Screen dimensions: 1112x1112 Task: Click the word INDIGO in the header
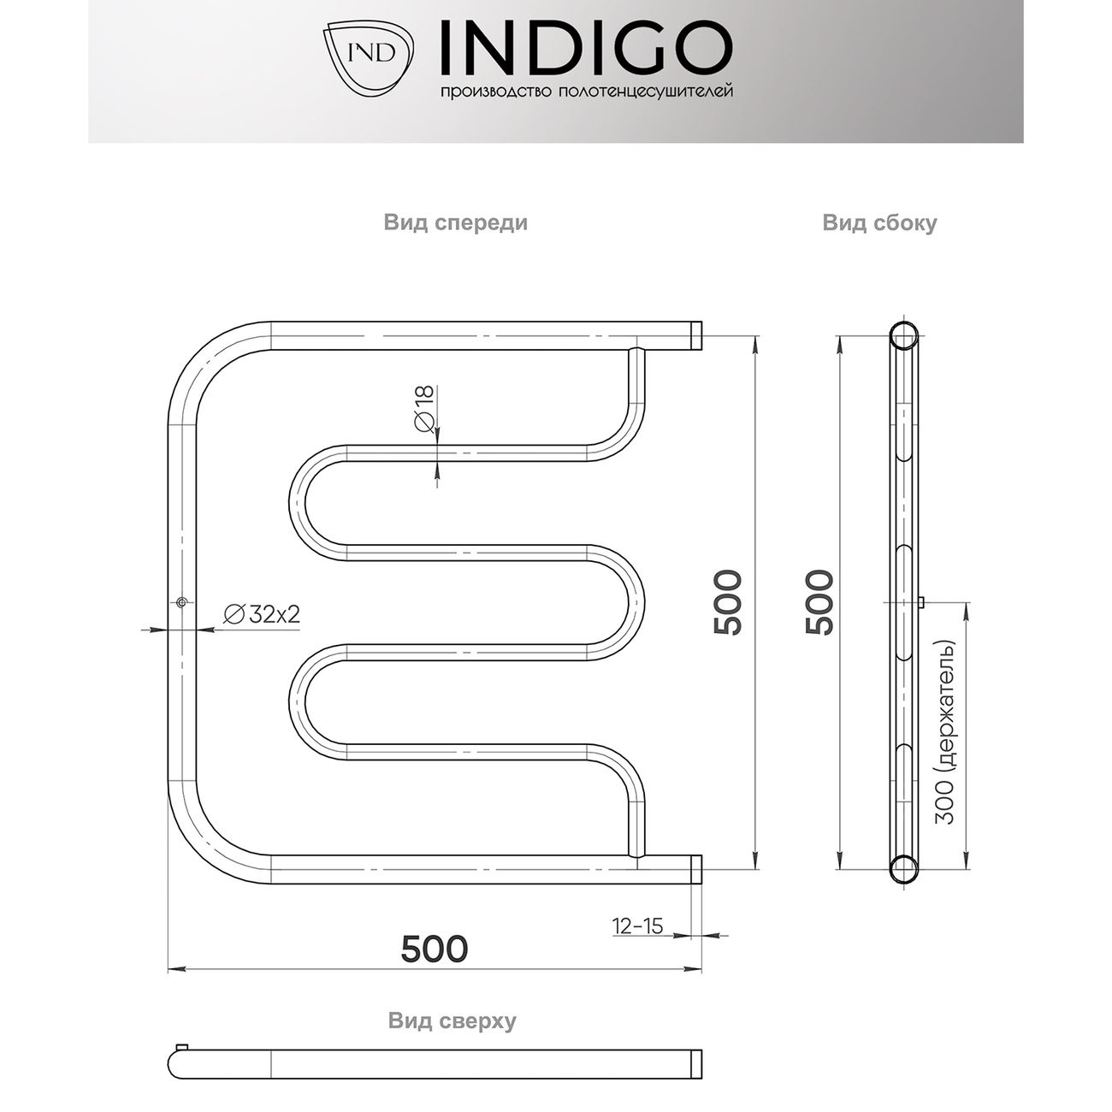(x=585, y=47)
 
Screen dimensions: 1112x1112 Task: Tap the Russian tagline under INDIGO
(x=585, y=92)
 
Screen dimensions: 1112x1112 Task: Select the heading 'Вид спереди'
(x=455, y=223)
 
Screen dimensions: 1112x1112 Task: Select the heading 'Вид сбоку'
(x=879, y=223)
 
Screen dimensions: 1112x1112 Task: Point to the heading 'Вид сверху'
(x=452, y=1020)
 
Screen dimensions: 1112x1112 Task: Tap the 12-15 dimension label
(x=637, y=926)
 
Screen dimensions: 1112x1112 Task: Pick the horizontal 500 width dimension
(x=435, y=948)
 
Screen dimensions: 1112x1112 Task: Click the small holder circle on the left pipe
(x=181, y=603)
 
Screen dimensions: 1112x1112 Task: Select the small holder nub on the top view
(x=180, y=1047)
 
